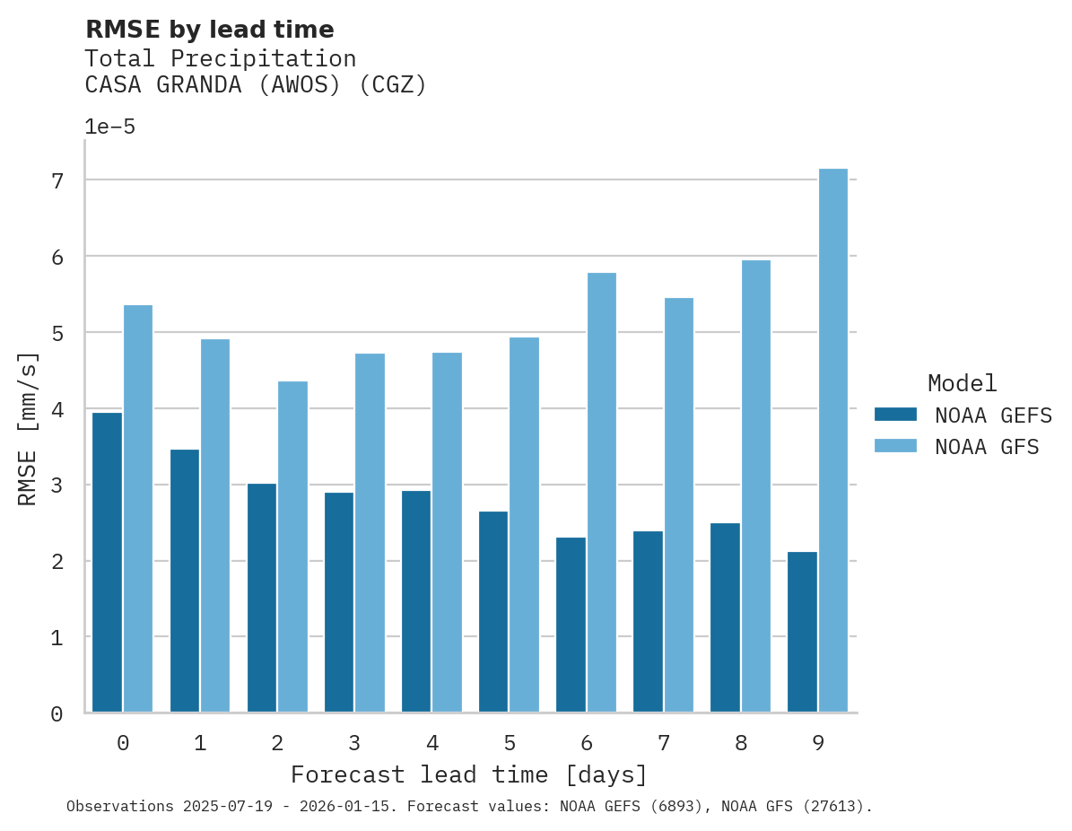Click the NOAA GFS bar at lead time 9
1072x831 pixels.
[832, 441]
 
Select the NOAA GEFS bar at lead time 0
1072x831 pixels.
[107, 563]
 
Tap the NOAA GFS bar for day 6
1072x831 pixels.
[601, 493]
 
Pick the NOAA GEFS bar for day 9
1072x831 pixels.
[802, 632]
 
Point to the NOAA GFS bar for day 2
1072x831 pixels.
[292, 547]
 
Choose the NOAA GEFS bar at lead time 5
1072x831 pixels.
[493, 611]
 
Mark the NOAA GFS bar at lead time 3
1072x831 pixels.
[370, 533]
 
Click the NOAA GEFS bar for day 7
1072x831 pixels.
[648, 622]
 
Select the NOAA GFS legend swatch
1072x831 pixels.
[895, 446]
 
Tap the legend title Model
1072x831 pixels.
[962, 384]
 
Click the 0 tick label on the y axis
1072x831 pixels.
[56, 714]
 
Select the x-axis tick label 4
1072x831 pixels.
[431, 744]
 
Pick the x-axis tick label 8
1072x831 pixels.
[740, 744]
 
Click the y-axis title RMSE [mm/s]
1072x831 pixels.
[29, 429]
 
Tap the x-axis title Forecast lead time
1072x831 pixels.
[468, 774]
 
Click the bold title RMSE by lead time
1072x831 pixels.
[209, 30]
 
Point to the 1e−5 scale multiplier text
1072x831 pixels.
[109, 127]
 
